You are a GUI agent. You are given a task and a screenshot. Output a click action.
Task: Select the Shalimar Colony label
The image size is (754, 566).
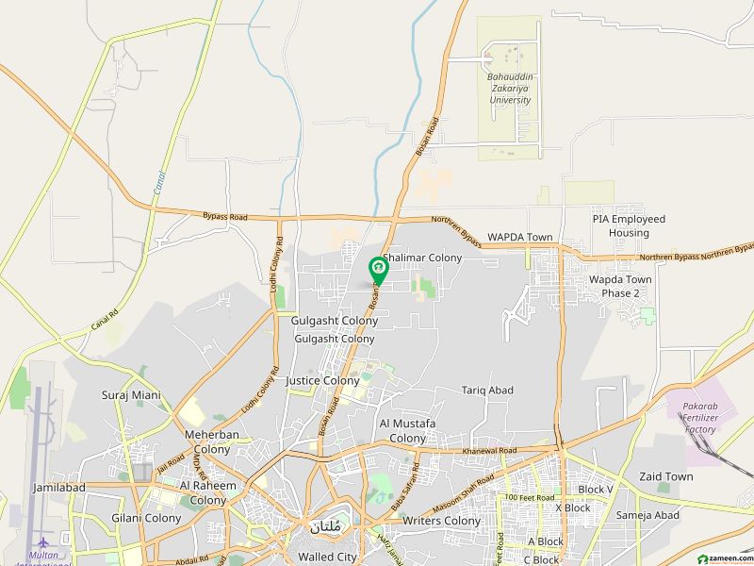(422, 258)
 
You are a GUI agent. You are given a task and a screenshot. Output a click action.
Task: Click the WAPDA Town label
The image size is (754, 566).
(518, 237)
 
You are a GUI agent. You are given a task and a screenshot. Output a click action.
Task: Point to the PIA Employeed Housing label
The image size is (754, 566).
(629, 225)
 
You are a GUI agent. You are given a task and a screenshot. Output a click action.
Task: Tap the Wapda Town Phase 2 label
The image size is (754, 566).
(620, 287)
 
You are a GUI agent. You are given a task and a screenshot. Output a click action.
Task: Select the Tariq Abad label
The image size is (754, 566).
(486, 390)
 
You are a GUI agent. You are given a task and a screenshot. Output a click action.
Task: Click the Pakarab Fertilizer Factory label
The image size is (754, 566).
(713, 417)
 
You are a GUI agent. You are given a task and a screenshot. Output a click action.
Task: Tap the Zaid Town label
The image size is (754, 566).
(665, 476)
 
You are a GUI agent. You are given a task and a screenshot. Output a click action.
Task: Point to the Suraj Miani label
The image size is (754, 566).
(131, 395)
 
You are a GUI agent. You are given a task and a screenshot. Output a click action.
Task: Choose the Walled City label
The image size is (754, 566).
(325, 543)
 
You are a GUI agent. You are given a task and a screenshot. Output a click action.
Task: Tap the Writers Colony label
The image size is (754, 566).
(441, 521)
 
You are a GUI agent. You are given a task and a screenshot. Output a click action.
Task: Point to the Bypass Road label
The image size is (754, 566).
(224, 217)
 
